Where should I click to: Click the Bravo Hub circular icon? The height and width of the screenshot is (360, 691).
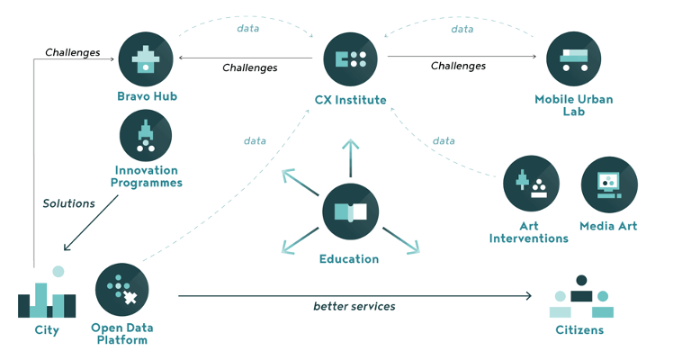pos(145,58)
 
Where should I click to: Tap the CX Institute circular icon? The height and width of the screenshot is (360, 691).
pos(350,59)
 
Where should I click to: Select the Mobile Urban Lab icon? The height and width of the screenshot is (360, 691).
pos(573,59)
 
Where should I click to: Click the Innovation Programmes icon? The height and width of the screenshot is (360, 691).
pos(146,136)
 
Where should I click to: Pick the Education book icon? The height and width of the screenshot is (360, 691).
pos(350,213)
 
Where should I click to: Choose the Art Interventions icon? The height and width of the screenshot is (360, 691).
pos(529,184)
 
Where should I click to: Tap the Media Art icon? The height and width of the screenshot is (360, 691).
pos(609,184)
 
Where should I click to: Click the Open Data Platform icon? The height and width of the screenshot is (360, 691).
pos(121,289)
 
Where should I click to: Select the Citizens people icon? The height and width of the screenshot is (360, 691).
pos(580,297)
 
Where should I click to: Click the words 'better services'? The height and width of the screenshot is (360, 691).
pos(354,307)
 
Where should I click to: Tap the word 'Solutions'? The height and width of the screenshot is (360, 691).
pos(68,203)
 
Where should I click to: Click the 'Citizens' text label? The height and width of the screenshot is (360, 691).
pos(580,330)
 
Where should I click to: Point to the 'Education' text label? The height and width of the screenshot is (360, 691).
pos(349,259)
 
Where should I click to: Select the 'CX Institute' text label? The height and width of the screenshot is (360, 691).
pos(350,100)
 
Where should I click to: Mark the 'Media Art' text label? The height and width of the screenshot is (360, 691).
pos(608,226)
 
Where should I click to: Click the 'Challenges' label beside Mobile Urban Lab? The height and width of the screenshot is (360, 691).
pos(458,66)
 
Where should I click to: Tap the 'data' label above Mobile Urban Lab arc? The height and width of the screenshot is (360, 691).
pos(462,29)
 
